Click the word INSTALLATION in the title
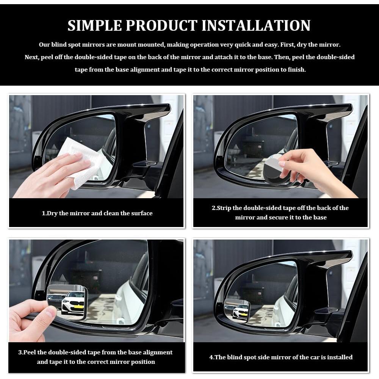256,25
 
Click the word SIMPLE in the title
95,25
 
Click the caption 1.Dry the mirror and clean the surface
97,213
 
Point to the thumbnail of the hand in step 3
50,312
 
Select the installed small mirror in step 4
236,310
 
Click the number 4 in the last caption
211,357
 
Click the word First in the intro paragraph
288,45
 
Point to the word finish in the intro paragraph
296,70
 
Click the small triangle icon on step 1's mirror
54,146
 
